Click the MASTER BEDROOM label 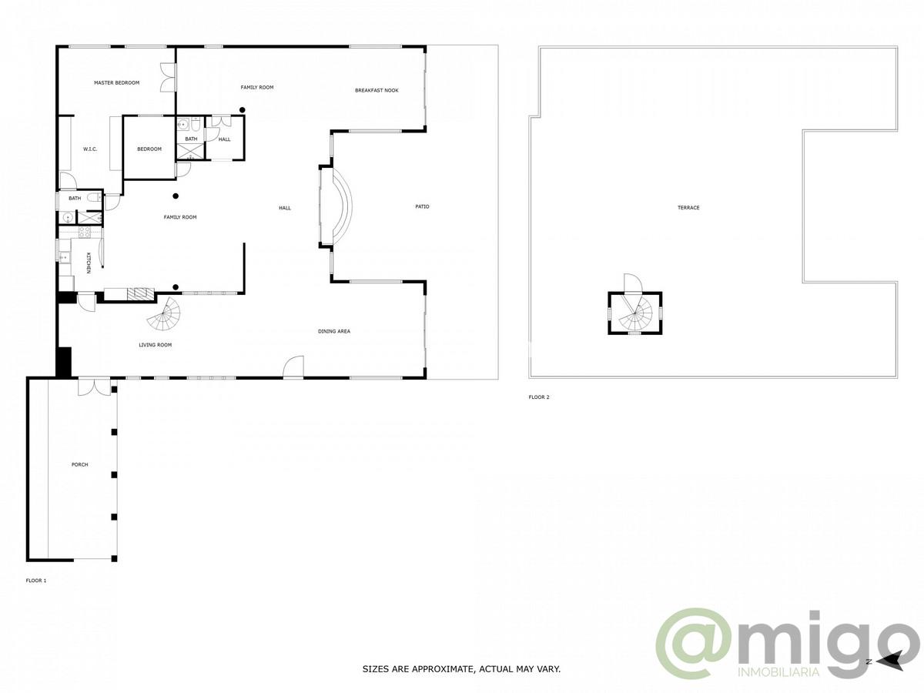pyautogui.click(x=116, y=82)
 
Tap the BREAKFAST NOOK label pyautogui.click(x=377, y=91)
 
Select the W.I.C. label pyautogui.click(x=90, y=149)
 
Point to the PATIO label pyautogui.click(x=422, y=206)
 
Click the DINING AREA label pyautogui.click(x=334, y=331)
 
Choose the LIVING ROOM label pyautogui.click(x=155, y=345)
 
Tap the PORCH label pyautogui.click(x=79, y=464)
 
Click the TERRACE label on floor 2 pyautogui.click(x=688, y=208)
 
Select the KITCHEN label pyautogui.click(x=89, y=263)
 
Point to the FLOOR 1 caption pyautogui.click(x=36, y=580)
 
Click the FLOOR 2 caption pyautogui.click(x=539, y=397)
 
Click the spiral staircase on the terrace pyautogui.click(x=636, y=313)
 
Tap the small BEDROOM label pyautogui.click(x=149, y=149)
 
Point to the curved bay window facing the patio pyautogui.click(x=336, y=206)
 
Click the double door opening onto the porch pyautogui.click(x=94, y=386)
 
